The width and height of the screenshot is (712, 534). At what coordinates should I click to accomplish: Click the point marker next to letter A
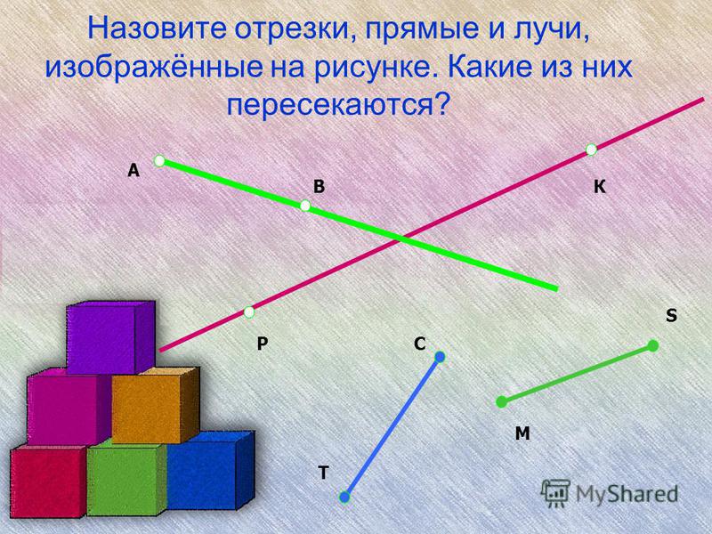click(159, 161)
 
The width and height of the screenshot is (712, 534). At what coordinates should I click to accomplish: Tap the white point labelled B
click(305, 206)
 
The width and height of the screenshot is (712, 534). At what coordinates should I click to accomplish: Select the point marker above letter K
click(591, 150)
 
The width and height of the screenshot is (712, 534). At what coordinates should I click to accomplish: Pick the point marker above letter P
click(249, 312)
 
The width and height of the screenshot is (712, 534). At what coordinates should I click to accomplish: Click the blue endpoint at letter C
click(440, 357)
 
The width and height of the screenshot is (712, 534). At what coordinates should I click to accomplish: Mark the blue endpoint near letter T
click(344, 498)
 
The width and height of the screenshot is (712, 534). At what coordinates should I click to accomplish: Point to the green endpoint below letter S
click(653, 346)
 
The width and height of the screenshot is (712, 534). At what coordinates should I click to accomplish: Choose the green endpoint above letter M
click(501, 402)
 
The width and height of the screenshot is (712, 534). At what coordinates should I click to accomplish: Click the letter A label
click(133, 171)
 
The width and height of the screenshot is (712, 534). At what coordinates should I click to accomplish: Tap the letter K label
click(600, 187)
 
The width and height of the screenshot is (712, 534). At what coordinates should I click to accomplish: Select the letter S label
click(671, 315)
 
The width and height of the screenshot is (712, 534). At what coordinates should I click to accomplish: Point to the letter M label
click(522, 433)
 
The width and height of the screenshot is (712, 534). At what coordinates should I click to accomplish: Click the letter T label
click(323, 473)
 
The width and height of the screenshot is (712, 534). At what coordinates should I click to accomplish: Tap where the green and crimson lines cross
click(401, 238)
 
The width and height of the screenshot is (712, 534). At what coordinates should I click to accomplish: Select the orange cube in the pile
click(155, 406)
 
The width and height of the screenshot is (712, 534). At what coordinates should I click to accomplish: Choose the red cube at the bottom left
click(49, 481)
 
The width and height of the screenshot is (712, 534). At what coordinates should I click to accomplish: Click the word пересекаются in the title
click(337, 105)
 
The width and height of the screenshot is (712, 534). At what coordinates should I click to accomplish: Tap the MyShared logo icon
click(555, 492)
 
